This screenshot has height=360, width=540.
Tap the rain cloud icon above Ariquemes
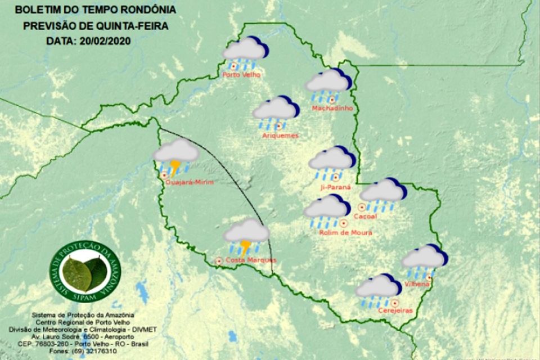(x=275, y=109)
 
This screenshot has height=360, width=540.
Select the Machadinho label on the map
(x=332, y=107)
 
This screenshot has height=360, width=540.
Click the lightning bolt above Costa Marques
(x=246, y=246)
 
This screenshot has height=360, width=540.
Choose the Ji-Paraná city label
(x=334, y=186)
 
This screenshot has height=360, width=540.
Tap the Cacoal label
(x=380, y=216)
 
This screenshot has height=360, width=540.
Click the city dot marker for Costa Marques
(x=219, y=260)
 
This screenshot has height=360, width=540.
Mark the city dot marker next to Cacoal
(x=362, y=207)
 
